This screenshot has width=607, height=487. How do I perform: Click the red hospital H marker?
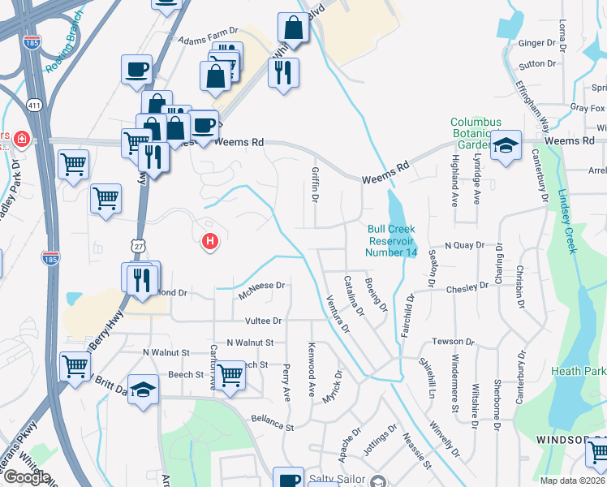click(x=210, y=241)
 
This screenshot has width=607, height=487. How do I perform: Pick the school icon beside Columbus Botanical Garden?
click(x=506, y=146)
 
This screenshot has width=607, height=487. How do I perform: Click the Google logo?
click(x=26, y=477)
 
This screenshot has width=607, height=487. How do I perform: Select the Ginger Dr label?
click(x=536, y=43)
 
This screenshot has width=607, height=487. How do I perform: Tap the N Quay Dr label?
click(x=463, y=244)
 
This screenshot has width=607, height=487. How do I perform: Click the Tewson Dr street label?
click(x=452, y=341)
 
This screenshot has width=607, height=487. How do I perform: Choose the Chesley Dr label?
click(x=465, y=290)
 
